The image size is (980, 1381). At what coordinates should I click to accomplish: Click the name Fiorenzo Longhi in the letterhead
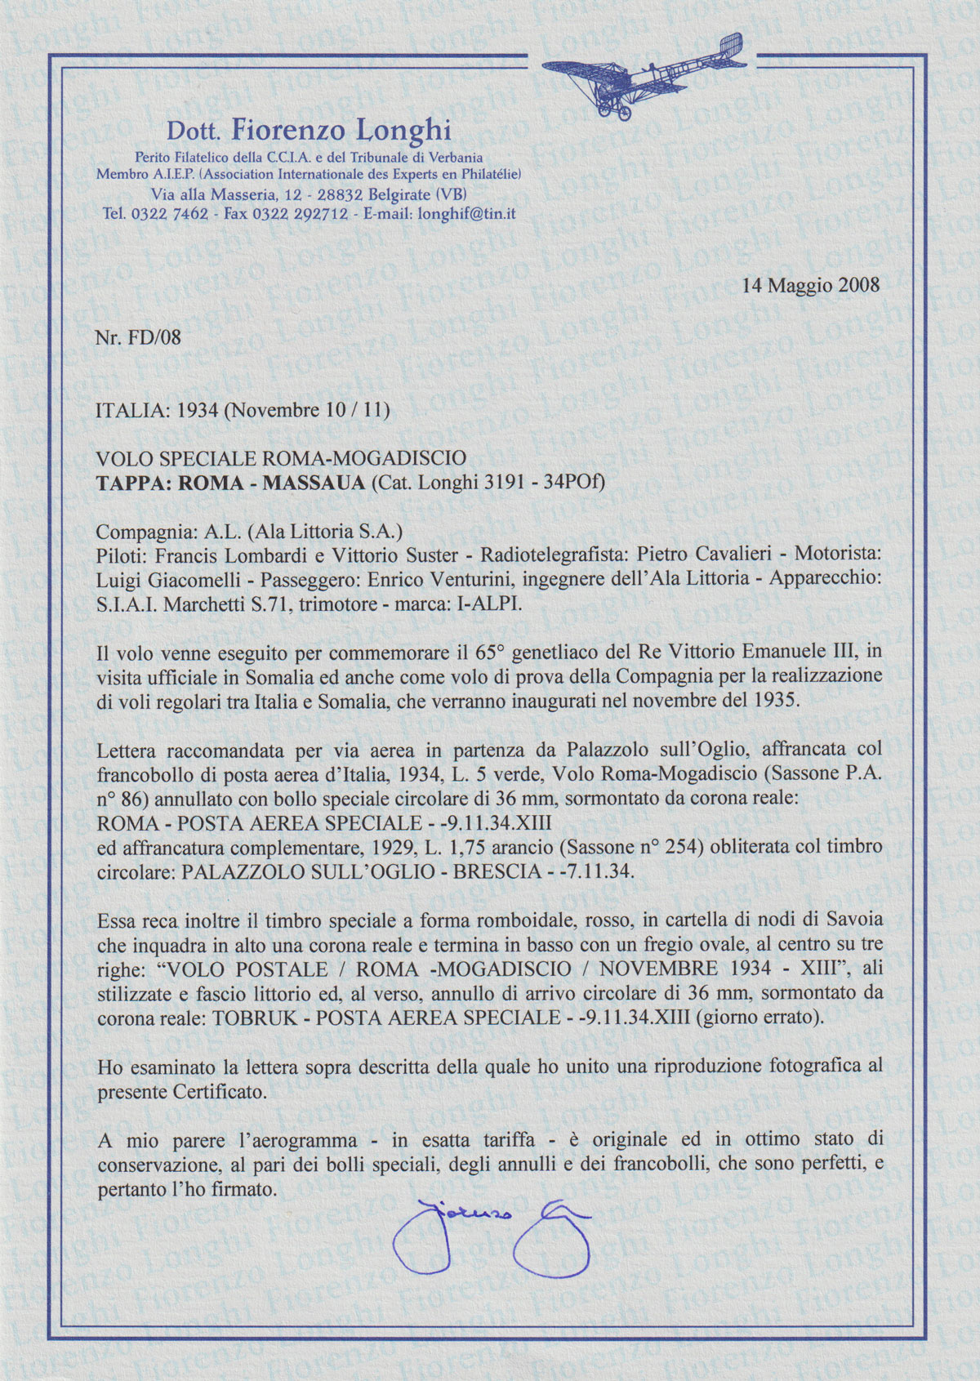[x=341, y=130]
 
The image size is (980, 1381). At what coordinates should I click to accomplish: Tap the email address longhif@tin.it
[x=466, y=214]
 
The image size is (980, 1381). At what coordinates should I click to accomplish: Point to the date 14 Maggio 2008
[x=811, y=285]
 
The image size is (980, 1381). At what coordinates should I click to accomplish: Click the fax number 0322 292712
[x=301, y=214]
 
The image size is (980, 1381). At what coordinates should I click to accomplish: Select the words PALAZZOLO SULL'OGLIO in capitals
[x=301, y=871]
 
